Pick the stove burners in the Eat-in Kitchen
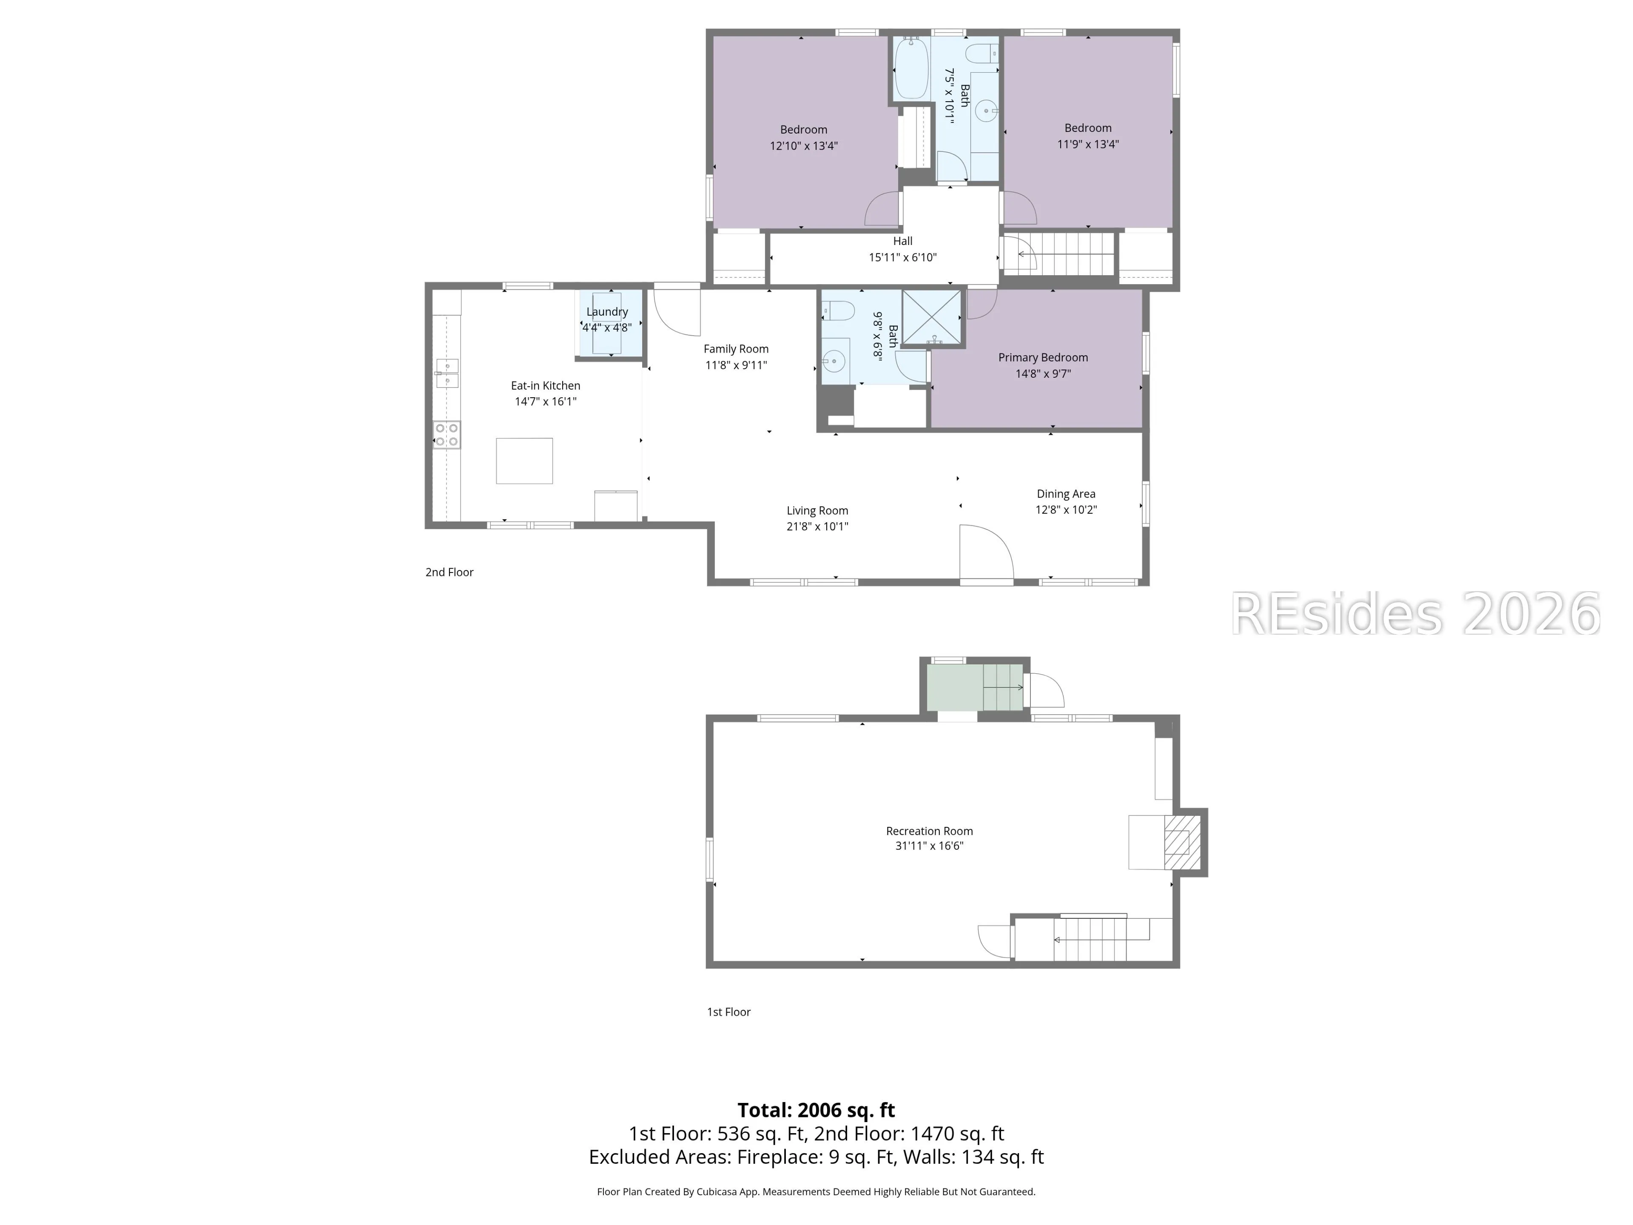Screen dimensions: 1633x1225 click(447, 434)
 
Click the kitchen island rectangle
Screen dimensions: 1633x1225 click(524, 461)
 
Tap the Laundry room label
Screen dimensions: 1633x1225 click(607, 312)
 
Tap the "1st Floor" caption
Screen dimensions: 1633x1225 click(728, 1012)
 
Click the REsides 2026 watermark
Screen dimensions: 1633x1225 click(1415, 614)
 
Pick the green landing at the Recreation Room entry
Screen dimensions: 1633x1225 click(955, 687)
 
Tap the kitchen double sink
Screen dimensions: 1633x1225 click(447, 373)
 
